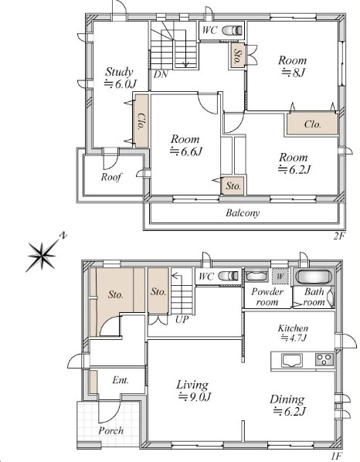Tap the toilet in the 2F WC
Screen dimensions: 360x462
point(232,30)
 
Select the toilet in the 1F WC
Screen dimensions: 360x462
point(228,276)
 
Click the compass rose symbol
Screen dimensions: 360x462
point(42,255)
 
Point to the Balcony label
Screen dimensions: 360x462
point(243,212)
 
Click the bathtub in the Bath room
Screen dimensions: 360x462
point(312,277)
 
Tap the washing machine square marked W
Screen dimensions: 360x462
point(280,277)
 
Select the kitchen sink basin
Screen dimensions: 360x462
point(292,361)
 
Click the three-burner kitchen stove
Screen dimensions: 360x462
point(324,359)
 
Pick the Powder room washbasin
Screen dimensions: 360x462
point(256,276)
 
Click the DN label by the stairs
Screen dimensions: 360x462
point(161,74)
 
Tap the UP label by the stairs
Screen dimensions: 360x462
point(182,319)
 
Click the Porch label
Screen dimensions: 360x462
point(110,430)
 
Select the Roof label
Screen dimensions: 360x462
point(111,177)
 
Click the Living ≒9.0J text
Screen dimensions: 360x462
point(193,391)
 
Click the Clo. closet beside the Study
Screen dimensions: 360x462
point(141,121)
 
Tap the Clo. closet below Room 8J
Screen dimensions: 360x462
point(312,124)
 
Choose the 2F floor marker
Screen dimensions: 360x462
point(339,236)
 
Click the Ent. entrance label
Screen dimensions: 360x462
point(121,380)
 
